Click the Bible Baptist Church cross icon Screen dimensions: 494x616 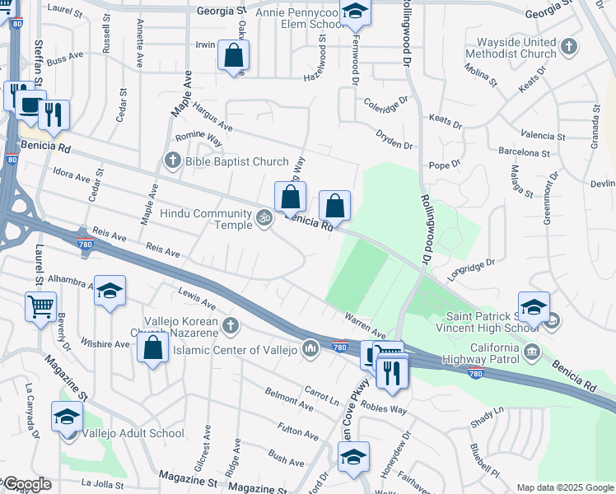click(172, 161)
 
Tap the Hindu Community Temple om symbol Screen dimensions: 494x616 click(264, 218)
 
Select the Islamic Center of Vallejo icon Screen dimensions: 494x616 click(310, 349)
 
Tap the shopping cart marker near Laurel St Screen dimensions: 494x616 click(40, 307)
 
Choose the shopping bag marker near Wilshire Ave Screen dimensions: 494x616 click(153, 347)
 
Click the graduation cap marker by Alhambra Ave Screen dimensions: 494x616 click(110, 291)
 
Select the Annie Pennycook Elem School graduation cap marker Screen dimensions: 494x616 click(355, 12)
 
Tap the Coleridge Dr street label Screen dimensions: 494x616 click(385, 105)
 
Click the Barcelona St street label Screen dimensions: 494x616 click(525, 152)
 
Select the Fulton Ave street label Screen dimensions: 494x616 click(299, 430)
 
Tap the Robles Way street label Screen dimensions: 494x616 click(384, 409)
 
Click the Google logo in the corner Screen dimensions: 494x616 click(26, 484)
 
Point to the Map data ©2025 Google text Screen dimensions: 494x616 click(563, 487)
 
